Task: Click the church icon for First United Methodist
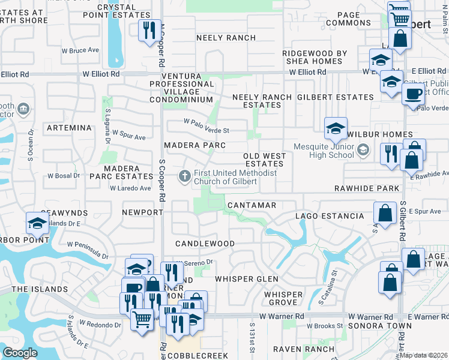(x=185, y=176)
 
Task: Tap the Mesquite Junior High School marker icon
(x=362, y=149)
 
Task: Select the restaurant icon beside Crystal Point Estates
(x=149, y=29)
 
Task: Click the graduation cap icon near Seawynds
(x=37, y=223)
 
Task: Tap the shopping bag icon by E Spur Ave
(x=385, y=212)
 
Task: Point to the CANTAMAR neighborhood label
(x=252, y=205)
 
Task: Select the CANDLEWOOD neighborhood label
(x=205, y=244)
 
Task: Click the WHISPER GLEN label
(x=247, y=279)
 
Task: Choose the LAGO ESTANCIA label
(x=329, y=216)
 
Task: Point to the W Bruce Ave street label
(x=80, y=50)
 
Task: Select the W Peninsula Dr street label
(x=88, y=250)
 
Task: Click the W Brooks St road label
(x=324, y=326)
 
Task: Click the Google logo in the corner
(x=20, y=353)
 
